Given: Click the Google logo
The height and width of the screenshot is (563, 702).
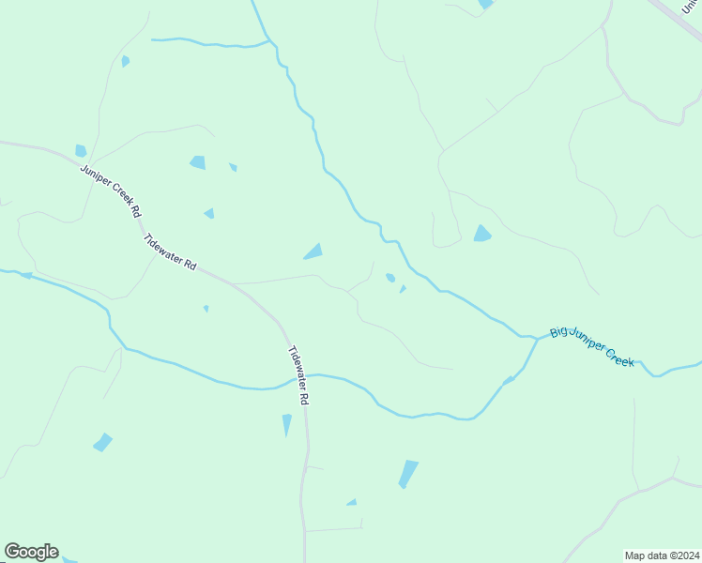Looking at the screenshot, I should coord(32,552).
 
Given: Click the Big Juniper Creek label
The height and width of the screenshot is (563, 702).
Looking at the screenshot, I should coord(592,345).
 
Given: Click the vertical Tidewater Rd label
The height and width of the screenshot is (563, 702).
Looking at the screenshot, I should coord(298,375).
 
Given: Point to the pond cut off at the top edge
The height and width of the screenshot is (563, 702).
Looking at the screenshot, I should coord(485,4).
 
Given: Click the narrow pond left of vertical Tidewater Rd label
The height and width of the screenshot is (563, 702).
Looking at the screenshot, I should coord(287,424).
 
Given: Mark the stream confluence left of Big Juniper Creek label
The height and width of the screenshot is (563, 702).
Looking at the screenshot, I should coord(537,338).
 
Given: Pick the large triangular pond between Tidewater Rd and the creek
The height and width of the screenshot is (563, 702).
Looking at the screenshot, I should coord(313,251).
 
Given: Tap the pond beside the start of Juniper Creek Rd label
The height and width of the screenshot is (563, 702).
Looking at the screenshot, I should coord(81,150).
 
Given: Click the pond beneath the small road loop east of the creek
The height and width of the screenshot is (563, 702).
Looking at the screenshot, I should coord(482,234).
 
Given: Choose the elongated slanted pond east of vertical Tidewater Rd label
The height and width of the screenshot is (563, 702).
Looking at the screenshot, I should coord(408,474).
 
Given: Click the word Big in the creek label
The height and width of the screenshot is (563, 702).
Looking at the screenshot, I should coord(559,332).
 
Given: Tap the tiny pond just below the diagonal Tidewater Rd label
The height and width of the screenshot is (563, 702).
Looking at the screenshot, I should coord(206,308).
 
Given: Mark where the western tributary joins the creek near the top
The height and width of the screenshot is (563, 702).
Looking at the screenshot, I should coord(271,41).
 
